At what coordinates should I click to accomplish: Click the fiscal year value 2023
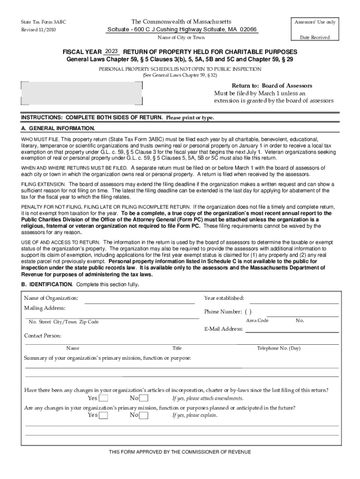point(112,51)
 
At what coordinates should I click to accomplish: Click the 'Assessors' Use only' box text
point(315,22)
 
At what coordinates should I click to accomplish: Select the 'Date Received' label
point(315,37)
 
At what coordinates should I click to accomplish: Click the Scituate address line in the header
point(182,29)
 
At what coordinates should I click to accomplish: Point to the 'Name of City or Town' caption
point(181,37)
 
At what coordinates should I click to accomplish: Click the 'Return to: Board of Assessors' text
point(272,86)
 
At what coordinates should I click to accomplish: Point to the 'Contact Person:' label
point(43,336)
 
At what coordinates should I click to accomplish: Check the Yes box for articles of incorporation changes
point(104,399)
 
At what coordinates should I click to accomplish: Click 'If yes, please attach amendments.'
point(208,399)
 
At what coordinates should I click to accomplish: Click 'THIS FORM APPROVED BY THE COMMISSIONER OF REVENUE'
point(180,452)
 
